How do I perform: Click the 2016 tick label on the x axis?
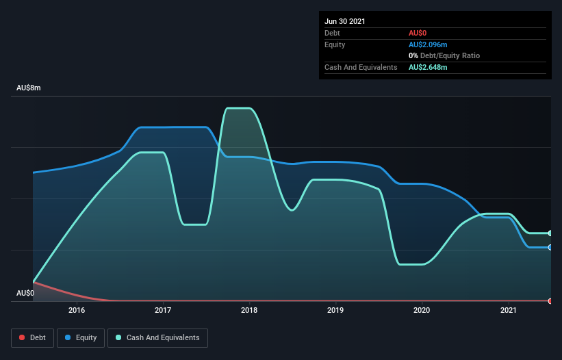point(77,310)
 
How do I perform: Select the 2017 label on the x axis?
point(163,310)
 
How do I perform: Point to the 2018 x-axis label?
point(249,310)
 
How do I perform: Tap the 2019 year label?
point(335,310)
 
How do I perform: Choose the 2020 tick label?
point(422,310)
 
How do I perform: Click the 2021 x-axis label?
point(508,310)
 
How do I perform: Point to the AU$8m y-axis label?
point(29,88)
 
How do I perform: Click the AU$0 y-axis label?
point(25,293)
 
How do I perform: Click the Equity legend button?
point(81,337)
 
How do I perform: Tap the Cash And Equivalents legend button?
point(157,337)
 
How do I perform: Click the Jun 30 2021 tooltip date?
point(345,21)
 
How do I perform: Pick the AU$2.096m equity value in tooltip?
point(428,44)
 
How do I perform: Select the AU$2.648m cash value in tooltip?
point(428,67)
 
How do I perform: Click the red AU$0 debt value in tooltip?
point(418,33)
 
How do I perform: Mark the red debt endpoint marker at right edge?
point(550,301)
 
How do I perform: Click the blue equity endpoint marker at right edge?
point(550,247)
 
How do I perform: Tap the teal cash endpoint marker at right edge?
point(550,233)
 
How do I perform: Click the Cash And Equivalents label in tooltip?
point(361,67)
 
